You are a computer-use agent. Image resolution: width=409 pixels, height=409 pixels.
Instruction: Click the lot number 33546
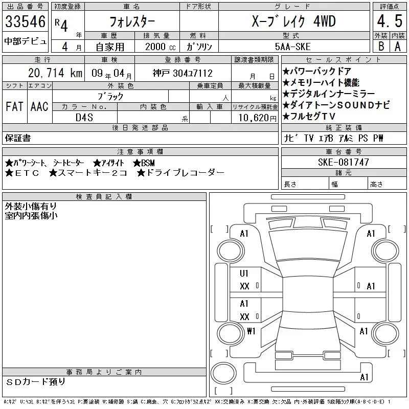click(x=25, y=21)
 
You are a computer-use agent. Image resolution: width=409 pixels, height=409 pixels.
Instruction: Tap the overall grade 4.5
click(x=390, y=21)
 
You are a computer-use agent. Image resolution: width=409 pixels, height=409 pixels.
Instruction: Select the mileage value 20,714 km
click(x=55, y=73)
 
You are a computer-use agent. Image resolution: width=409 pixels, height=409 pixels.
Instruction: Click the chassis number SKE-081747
click(x=343, y=162)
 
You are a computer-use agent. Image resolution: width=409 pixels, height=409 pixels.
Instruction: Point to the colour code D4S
click(x=84, y=118)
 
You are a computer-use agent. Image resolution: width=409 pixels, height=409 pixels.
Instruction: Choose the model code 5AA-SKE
click(x=292, y=47)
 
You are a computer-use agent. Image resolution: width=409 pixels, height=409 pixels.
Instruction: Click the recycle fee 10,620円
click(x=258, y=118)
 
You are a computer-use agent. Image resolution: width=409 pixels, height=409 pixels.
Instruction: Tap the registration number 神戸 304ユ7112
click(x=183, y=73)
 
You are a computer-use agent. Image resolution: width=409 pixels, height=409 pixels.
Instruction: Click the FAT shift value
click(x=14, y=106)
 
